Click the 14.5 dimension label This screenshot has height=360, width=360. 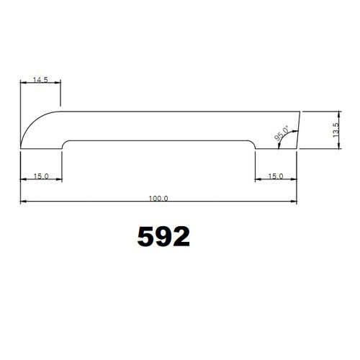tap(40, 80)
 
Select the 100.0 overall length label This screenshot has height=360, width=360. tap(158, 197)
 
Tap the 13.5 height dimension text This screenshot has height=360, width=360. tap(336, 130)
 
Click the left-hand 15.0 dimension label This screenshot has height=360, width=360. tap(40, 176)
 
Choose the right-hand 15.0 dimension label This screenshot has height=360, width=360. tap(275, 176)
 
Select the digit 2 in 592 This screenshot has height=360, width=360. tap(181, 236)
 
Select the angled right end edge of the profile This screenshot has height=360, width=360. tap(298, 130)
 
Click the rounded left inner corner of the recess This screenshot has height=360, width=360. tap(66, 143)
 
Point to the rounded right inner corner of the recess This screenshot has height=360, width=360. tap(253, 143)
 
